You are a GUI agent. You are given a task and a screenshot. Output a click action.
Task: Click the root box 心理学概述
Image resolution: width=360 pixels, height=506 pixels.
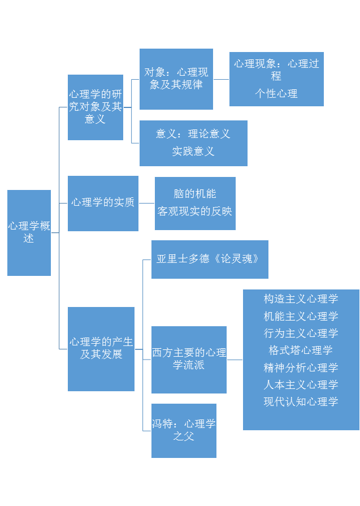(29, 232)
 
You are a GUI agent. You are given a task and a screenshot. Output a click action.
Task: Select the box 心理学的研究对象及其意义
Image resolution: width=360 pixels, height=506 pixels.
(95, 107)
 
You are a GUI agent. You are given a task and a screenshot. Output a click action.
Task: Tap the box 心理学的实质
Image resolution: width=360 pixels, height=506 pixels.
(103, 203)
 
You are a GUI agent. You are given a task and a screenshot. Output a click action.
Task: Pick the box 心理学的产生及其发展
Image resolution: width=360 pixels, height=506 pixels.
(101, 348)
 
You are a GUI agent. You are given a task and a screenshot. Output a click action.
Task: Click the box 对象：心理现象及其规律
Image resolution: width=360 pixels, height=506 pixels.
(176, 79)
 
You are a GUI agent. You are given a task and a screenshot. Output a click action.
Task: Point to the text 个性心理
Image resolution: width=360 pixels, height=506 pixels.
(276, 93)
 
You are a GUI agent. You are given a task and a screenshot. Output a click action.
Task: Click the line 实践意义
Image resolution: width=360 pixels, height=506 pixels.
(193, 151)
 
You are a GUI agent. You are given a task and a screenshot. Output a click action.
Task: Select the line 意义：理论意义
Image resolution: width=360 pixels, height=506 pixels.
(193, 134)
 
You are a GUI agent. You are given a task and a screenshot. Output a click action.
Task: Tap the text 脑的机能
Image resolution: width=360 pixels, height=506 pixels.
(195, 194)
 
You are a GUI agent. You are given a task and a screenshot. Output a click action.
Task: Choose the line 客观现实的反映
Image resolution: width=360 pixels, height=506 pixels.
(195, 211)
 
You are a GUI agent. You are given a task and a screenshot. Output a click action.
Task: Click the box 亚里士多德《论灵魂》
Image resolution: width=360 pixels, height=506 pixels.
(209, 259)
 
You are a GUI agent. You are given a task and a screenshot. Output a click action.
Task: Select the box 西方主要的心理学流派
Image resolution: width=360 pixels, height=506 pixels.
(189, 359)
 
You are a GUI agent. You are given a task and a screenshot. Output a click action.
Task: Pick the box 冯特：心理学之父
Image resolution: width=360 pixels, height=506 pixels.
(184, 430)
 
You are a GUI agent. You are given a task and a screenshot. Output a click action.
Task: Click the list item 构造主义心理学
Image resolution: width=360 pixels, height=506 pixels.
(301, 299)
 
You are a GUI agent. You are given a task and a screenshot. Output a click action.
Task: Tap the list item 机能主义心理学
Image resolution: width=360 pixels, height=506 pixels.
(301, 316)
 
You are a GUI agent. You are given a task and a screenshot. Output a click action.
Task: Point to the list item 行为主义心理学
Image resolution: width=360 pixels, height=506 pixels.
(301, 333)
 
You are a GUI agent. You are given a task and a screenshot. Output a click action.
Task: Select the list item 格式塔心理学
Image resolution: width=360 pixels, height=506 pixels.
(301, 351)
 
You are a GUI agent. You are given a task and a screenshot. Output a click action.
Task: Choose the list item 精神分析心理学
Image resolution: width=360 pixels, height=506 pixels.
(301, 367)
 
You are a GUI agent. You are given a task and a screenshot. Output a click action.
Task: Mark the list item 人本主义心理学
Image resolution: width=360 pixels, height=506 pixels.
(301, 384)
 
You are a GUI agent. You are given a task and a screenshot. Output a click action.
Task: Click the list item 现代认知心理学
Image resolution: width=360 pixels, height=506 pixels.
(301, 402)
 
